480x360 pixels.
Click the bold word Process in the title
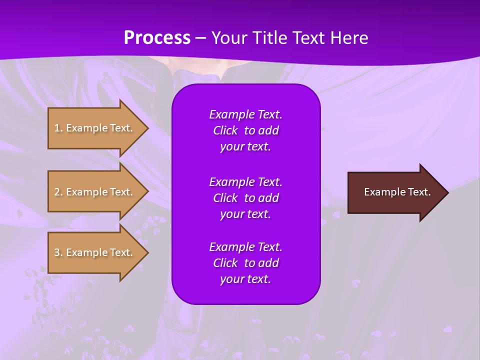click(157, 38)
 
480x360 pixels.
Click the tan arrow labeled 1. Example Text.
click(95, 128)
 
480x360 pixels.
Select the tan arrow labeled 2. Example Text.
click(95, 192)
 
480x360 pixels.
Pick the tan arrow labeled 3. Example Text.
click(95, 252)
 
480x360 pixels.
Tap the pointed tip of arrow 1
click(147, 128)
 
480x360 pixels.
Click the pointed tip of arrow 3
click(147, 252)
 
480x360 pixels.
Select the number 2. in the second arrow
click(58, 192)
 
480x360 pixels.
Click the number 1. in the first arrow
click(58, 128)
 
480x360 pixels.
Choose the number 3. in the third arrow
click(58, 252)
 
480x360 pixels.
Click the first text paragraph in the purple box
click(245, 130)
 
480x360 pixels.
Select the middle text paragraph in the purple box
click(245, 198)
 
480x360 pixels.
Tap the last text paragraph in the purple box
click(245, 263)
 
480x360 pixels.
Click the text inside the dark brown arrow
click(397, 192)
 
